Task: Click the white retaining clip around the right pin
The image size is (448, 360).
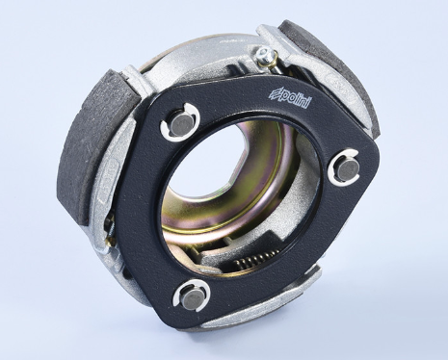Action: click(x=344, y=169)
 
